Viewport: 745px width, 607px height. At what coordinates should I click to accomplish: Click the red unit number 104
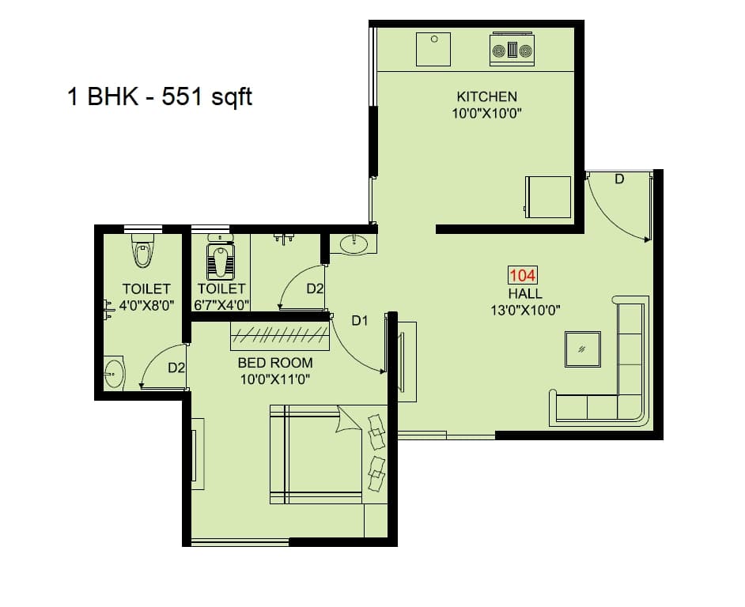523,276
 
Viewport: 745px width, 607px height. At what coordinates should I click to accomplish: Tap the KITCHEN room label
486,96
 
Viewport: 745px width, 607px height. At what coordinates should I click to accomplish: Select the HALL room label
525,293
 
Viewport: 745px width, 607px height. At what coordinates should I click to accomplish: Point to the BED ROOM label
275,363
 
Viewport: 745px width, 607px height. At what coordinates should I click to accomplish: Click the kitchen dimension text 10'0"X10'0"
486,113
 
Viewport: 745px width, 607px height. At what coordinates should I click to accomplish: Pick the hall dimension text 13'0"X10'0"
525,310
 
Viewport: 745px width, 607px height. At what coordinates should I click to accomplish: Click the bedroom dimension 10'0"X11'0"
275,379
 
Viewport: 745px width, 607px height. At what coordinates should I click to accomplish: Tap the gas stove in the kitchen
512,50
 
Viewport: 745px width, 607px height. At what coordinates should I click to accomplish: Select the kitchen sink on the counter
433,49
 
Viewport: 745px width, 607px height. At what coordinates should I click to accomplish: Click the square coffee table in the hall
582,349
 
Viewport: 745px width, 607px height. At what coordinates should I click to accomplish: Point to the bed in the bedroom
316,454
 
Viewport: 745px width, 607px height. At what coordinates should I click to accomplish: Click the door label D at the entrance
619,179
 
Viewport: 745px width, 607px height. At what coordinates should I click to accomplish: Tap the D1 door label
361,320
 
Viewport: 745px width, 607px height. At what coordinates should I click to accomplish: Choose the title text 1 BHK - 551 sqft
159,97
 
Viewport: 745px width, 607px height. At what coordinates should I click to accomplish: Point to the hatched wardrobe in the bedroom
280,336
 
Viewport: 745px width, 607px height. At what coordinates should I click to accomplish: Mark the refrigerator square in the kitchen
547,197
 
